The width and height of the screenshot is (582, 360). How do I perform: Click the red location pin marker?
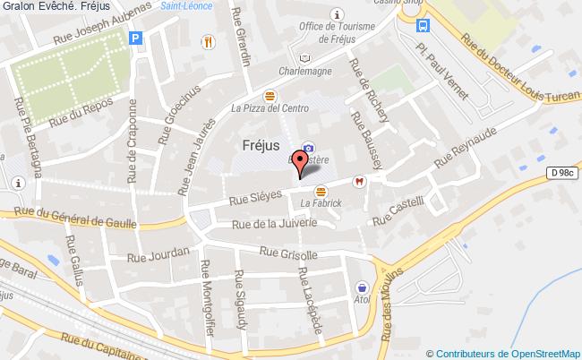tap(302, 161)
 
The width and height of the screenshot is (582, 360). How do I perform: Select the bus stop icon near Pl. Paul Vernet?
tap(422, 26)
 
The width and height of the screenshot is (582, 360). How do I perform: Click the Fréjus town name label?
tap(261, 144)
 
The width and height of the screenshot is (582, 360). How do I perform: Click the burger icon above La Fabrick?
tap(321, 190)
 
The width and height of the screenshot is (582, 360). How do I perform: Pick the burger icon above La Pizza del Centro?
tap(270, 95)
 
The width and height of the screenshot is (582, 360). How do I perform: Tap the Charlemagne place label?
tap(305, 72)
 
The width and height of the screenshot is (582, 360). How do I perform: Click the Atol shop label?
tap(362, 302)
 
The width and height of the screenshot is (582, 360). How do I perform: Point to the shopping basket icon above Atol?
tap(362, 288)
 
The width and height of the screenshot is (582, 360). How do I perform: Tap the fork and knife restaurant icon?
tap(208, 40)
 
